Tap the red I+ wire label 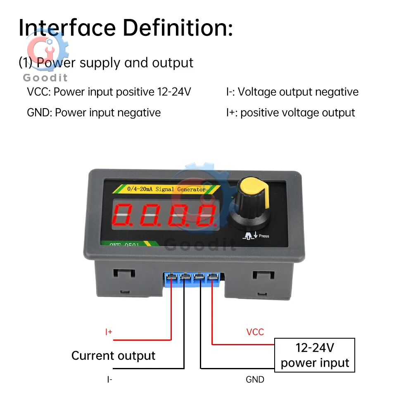[x=109, y=332]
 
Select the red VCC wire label [x=255, y=332]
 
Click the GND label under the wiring [x=255, y=379]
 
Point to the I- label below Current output [x=109, y=379]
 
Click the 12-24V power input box [x=315, y=355]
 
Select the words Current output [x=113, y=356]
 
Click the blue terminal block [x=192, y=279]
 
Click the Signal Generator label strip [x=166, y=190]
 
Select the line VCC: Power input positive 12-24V [x=109, y=92]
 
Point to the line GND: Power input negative [x=94, y=112]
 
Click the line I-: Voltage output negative [x=292, y=92]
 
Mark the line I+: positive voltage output [x=290, y=112]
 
